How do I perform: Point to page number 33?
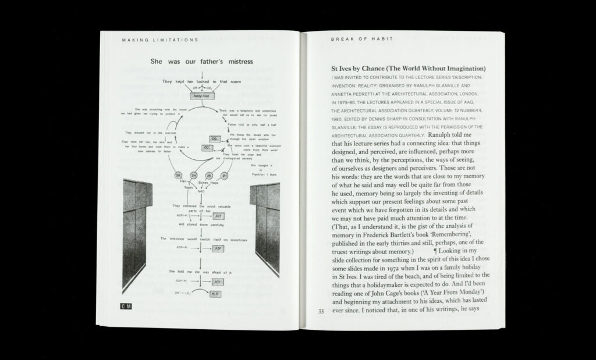pos(321,311)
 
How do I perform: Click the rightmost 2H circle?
pos(224,175)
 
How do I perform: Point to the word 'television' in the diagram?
pos(187,239)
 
